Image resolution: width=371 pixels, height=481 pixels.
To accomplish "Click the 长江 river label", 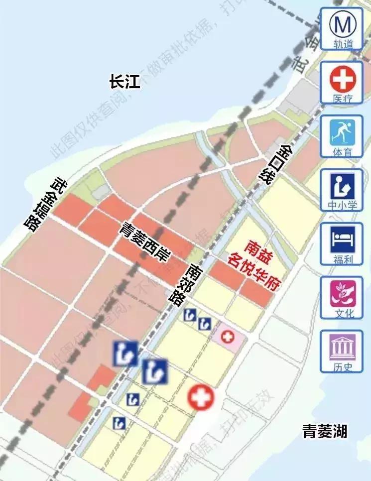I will pyautogui.click(x=125, y=81).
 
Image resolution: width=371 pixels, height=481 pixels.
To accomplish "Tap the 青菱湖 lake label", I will pyautogui.click(x=325, y=431).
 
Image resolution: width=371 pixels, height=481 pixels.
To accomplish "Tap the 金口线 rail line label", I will pyautogui.click(x=275, y=165).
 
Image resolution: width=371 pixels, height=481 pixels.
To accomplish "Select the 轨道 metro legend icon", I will pyautogui.click(x=341, y=23).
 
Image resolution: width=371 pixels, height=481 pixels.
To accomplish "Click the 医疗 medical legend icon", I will pyautogui.click(x=341, y=77).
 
